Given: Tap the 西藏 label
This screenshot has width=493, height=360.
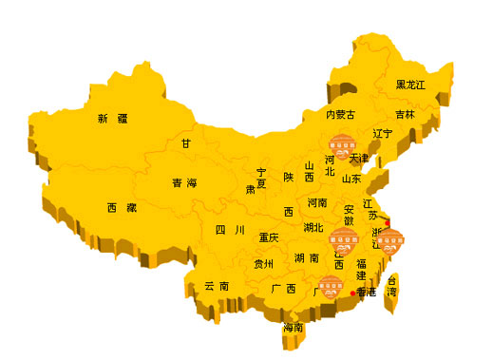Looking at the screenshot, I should point(121,207).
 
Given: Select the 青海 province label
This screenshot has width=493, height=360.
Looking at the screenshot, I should point(184,182).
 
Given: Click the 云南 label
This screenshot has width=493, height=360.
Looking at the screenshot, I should point(216,286).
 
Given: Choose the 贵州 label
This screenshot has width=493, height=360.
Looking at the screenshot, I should point(263,264).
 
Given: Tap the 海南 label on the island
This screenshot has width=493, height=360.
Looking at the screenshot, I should point(293,327).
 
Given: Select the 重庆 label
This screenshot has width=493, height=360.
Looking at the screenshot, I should point(269,237).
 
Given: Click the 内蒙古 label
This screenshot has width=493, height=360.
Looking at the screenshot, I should point(340,115).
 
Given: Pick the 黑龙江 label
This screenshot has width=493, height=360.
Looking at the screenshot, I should point(411,85).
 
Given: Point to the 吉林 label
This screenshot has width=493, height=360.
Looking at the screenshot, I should point(406,115).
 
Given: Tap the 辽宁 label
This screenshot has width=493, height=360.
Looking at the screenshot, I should point(383,133).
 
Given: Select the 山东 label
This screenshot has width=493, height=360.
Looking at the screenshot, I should point(351,178).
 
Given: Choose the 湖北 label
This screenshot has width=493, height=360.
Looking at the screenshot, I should point(313,228).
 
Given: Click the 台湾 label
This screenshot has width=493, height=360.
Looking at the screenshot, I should point(391,286).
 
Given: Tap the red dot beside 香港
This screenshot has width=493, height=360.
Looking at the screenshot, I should point(353,294).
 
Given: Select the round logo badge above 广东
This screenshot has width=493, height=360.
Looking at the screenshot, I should point(331,285).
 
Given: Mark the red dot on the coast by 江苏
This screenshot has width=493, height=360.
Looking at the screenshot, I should point(387,222).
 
